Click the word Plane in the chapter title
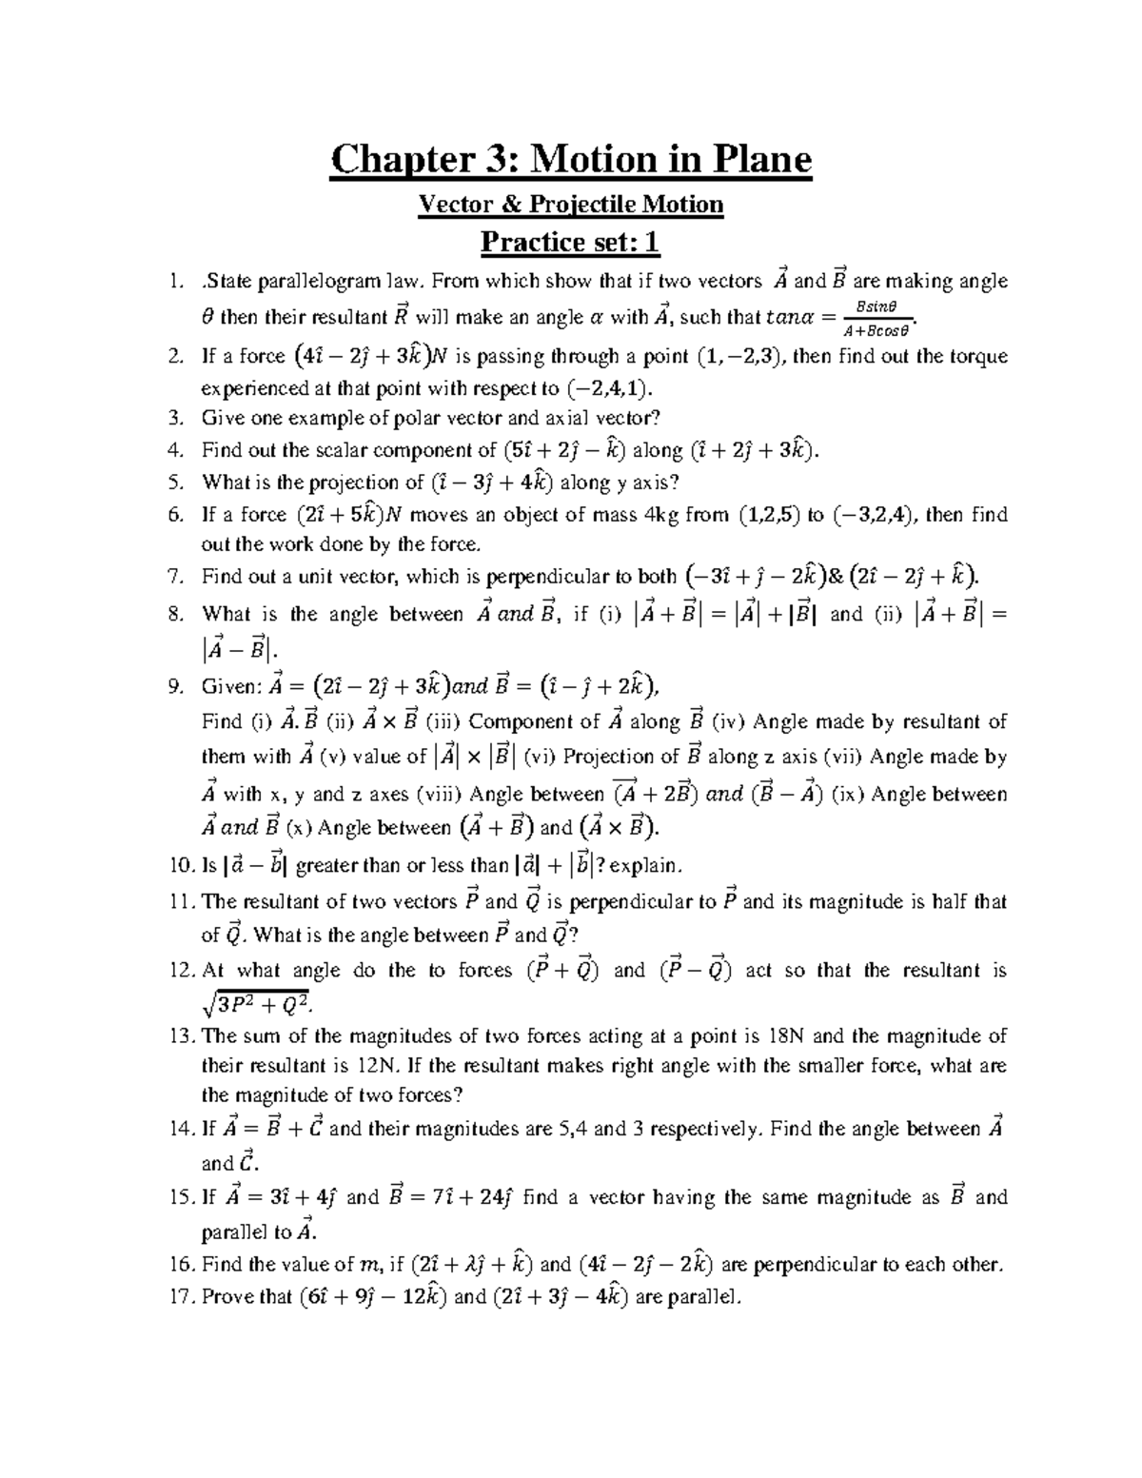click(x=753, y=159)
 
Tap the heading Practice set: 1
click(x=570, y=243)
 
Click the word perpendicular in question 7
click(x=548, y=577)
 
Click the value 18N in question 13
click(x=792, y=1035)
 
